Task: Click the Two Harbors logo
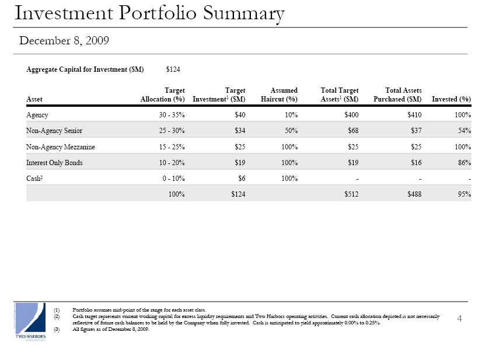(30, 322)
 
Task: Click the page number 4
(460, 319)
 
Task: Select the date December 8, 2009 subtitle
(64, 41)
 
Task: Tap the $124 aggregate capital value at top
(173, 69)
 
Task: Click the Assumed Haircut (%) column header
(279, 95)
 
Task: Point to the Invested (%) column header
(451, 99)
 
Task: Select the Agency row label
(37, 115)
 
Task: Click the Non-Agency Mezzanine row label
(61, 147)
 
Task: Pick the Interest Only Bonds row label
(54, 163)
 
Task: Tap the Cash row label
(34, 179)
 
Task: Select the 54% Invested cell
(464, 131)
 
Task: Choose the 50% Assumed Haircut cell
(291, 131)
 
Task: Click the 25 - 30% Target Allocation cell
(172, 131)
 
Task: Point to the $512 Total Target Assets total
(351, 194)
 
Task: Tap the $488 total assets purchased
(414, 194)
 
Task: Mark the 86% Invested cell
(464, 163)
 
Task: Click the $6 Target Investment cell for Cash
(242, 179)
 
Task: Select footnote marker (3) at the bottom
(57, 329)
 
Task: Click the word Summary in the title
(244, 13)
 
